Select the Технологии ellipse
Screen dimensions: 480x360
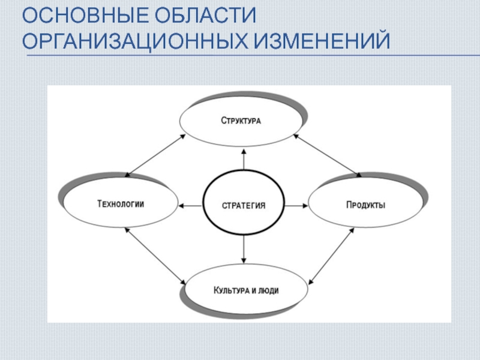click(x=120, y=203)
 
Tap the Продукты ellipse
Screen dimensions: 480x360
click(x=365, y=205)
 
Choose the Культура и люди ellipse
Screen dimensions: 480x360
click(x=246, y=291)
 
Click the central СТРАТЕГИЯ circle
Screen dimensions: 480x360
click(x=244, y=205)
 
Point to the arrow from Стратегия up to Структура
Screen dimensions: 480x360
click(x=244, y=158)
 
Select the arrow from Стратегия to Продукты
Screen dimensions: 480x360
click(x=295, y=206)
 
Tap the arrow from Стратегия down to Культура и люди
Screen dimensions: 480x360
click(x=244, y=251)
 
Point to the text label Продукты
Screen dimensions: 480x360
click(x=365, y=205)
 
